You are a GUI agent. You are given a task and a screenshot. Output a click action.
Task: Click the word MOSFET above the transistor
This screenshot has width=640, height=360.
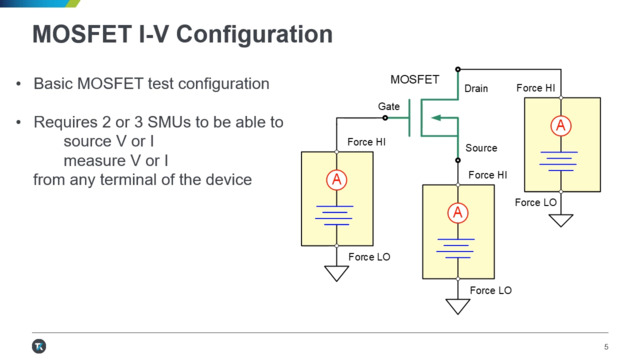coord(414,79)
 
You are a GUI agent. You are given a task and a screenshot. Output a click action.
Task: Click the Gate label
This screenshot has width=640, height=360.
coord(389,106)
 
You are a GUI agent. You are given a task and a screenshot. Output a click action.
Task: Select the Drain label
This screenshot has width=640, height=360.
coord(476,89)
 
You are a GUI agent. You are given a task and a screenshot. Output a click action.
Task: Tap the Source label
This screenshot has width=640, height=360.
coord(481,148)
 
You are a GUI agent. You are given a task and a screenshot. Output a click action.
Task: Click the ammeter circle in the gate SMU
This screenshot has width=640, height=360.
coord(337,180)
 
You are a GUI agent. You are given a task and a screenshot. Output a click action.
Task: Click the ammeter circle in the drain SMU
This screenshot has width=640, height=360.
coord(561,126)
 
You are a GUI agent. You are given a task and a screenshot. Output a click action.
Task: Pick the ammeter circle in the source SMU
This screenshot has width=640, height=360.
coord(458,212)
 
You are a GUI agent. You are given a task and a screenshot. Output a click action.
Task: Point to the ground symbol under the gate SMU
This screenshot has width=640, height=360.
coord(337,273)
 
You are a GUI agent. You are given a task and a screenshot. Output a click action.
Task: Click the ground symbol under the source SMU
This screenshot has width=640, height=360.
coord(458,307)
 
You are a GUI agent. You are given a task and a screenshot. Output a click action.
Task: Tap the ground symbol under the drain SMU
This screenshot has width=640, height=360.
coord(561,220)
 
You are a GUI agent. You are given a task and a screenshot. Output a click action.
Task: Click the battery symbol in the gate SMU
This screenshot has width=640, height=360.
coord(337,213)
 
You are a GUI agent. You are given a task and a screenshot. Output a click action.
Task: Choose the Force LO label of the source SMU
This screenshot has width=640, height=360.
coord(490,290)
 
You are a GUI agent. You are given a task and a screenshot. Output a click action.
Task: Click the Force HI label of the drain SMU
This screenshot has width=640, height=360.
coord(536,89)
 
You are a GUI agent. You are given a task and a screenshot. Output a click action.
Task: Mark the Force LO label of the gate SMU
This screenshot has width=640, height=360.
coord(369,257)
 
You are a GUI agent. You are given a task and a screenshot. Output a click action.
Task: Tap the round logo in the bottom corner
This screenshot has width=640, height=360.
coord(39,346)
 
